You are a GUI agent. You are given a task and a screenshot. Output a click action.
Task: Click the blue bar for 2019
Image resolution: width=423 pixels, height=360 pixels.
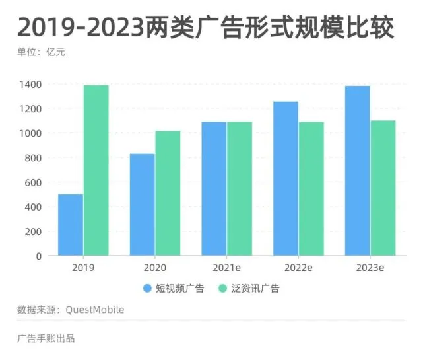pos(71,225)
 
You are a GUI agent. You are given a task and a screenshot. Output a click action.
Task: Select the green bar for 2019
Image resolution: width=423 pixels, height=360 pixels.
pos(96,170)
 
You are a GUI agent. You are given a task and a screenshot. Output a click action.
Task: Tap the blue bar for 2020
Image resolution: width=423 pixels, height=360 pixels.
pos(142,205)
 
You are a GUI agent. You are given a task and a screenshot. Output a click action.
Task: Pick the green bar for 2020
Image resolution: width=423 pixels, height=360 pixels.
pos(168,193)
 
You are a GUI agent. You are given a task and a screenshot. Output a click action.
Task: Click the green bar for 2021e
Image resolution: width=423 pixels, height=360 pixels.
pos(240,188)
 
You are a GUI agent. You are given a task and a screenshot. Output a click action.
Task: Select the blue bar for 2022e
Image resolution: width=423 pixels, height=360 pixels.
pos(286,178)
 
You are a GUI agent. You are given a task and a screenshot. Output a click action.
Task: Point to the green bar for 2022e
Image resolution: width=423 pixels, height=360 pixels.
pos(311,188)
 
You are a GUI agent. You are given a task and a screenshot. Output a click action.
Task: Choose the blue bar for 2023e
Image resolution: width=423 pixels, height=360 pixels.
pos(358,170)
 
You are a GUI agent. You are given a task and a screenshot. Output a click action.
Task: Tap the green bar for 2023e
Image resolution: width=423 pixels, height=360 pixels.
pos(383,188)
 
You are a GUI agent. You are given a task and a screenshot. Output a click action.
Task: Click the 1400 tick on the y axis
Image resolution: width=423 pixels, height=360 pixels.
pos(30,85)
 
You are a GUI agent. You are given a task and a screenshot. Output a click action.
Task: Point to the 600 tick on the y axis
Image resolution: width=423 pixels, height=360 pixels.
pos(33,182)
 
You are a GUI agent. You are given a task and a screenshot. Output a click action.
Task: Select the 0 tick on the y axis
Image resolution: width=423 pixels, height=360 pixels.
pos(38,256)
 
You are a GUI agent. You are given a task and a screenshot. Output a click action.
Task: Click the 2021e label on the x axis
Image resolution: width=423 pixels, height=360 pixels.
pos(226,268)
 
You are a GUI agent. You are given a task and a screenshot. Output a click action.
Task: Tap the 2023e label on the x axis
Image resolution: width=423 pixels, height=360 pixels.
pos(370,268)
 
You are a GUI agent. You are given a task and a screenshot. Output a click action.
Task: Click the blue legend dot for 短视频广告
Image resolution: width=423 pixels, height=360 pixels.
pos(147,289)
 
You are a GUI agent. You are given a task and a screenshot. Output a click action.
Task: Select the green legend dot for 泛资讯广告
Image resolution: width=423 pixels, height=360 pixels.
pos(223,289)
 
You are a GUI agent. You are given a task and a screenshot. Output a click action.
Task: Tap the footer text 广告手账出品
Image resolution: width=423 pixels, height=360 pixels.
pos(46,339)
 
